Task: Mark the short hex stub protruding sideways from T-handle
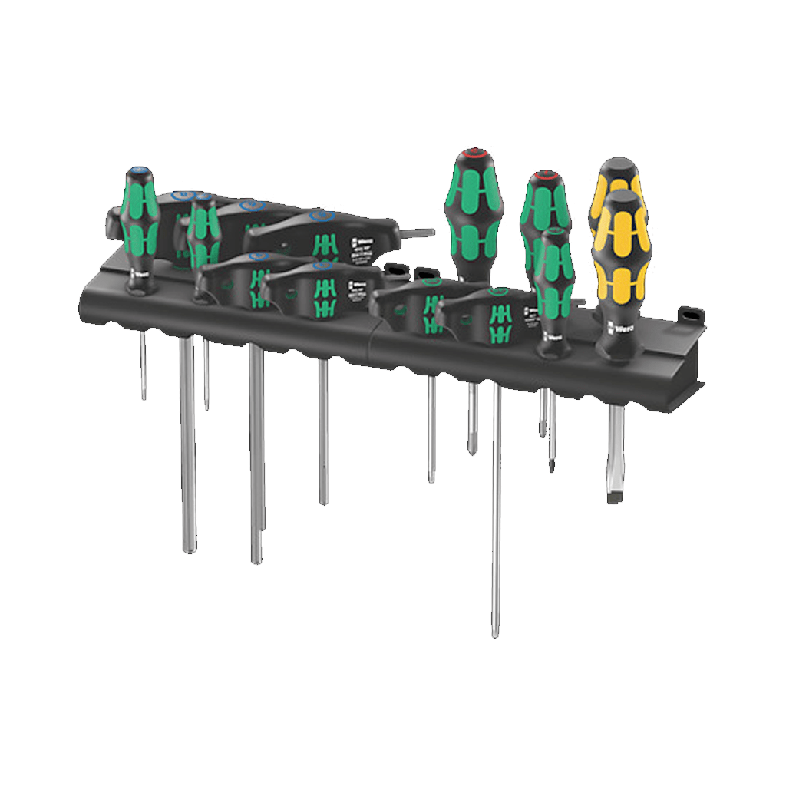(416, 232)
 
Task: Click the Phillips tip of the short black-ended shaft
(551, 464)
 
